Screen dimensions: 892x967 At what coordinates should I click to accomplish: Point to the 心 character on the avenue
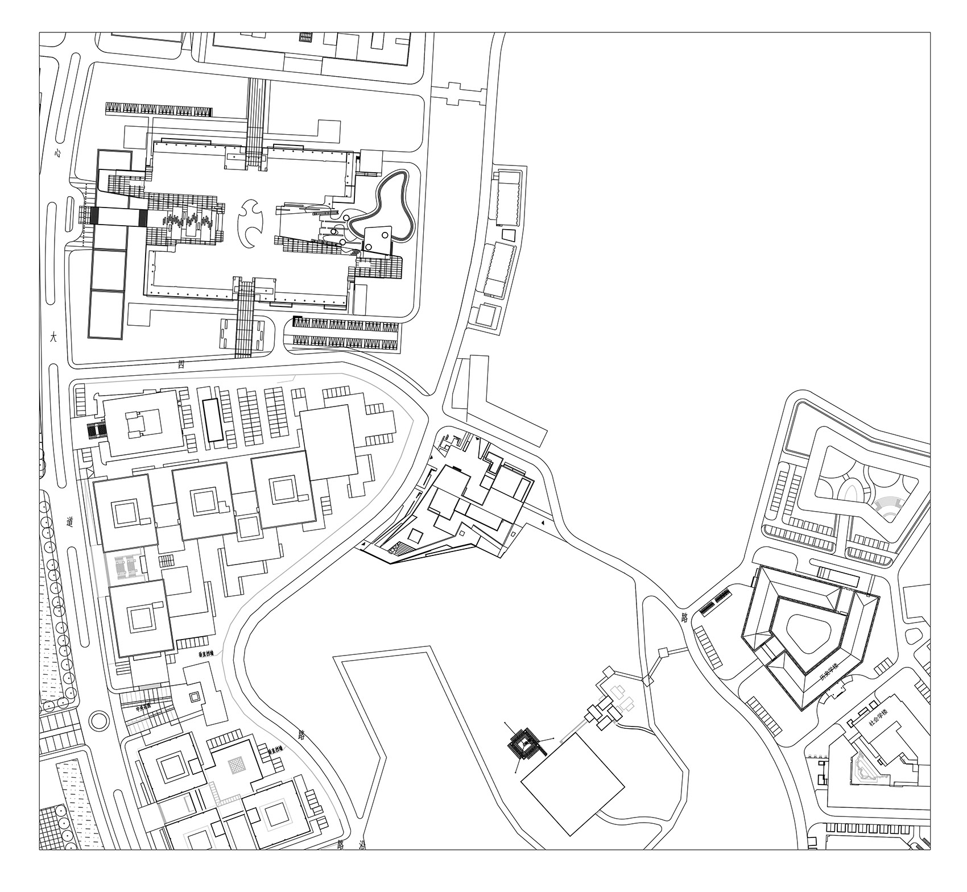[x=57, y=153]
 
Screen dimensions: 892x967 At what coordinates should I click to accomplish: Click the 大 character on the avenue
[x=53, y=337]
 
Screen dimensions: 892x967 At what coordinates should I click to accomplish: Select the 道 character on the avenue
[x=69, y=521]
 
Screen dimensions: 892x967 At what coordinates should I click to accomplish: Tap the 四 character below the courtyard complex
[x=181, y=364]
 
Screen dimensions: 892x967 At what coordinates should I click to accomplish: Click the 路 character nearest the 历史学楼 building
[x=684, y=617]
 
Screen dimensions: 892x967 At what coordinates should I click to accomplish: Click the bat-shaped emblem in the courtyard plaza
[x=251, y=224]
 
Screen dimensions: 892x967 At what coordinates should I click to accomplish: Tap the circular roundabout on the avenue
[x=100, y=720]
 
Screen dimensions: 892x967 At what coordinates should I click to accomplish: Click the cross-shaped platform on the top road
[x=454, y=93]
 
